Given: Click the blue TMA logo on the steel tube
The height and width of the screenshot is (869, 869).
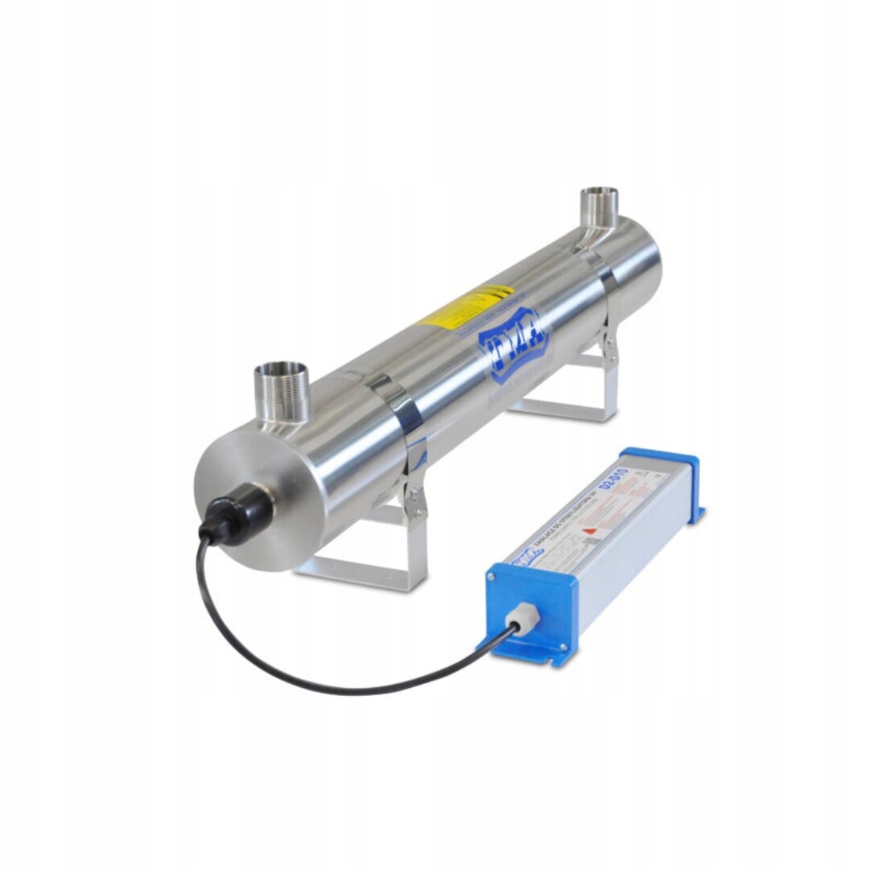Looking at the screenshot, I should (512, 341).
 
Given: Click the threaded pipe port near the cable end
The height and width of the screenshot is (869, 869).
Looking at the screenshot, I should (281, 392).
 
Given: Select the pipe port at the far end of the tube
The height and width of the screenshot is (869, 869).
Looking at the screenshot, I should (599, 208).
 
